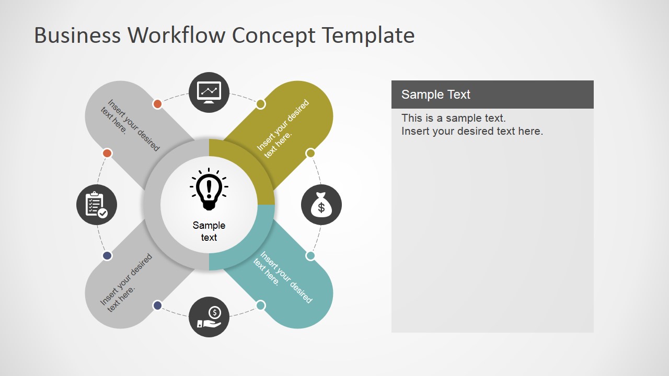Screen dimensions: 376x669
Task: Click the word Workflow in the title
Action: [x=177, y=36]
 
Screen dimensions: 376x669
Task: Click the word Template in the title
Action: [x=367, y=36]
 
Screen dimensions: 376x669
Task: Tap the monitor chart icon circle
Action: [x=209, y=92]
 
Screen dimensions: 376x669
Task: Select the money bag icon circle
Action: [x=321, y=205]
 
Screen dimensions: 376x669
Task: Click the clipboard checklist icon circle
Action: [x=97, y=205]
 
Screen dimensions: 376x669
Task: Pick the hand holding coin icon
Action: [x=209, y=317]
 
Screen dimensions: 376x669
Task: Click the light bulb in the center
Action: [x=209, y=190]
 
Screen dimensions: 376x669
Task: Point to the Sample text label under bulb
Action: [x=209, y=231]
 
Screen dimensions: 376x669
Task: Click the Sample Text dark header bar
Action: [x=492, y=95]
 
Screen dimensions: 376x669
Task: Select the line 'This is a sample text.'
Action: [x=453, y=118]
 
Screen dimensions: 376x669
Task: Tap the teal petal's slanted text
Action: [x=282, y=277]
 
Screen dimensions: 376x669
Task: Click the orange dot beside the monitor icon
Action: [x=157, y=104]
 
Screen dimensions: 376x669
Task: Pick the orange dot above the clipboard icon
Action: [x=107, y=153]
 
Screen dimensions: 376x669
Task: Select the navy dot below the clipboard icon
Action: [x=107, y=256]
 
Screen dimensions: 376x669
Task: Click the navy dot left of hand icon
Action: [x=157, y=305]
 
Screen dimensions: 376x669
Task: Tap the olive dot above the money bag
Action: [x=310, y=153]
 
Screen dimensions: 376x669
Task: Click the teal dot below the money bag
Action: [x=310, y=256]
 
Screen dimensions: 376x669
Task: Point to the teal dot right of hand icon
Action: [x=261, y=305]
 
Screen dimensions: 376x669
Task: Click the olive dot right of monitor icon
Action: [x=261, y=104]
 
